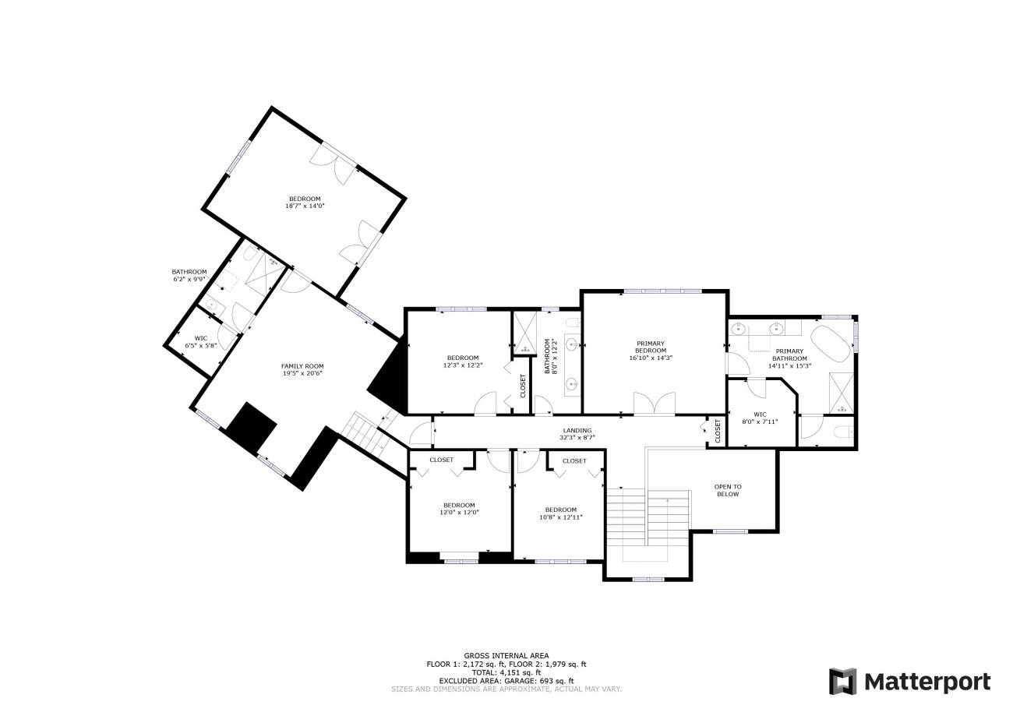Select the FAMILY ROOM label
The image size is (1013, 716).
302,366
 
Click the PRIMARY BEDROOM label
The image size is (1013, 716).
651,347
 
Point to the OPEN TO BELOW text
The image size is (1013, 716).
728,490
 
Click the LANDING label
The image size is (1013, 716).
577,430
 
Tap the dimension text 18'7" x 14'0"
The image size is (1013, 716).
305,206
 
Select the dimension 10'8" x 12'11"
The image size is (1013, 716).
561,517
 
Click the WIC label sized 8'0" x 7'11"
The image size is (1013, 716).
761,414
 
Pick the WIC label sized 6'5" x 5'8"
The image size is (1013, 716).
201,338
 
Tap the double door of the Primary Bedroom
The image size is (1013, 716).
654,404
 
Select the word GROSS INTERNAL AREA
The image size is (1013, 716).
506,655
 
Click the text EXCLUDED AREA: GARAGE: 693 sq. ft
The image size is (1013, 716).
506,681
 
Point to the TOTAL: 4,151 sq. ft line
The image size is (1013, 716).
506,672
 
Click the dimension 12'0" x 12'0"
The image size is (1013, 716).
459,513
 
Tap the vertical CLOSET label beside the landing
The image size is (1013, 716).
718,431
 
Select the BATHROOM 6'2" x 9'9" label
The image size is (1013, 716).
189,275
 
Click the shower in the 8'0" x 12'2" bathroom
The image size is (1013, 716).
524,333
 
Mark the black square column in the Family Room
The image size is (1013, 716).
251,427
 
